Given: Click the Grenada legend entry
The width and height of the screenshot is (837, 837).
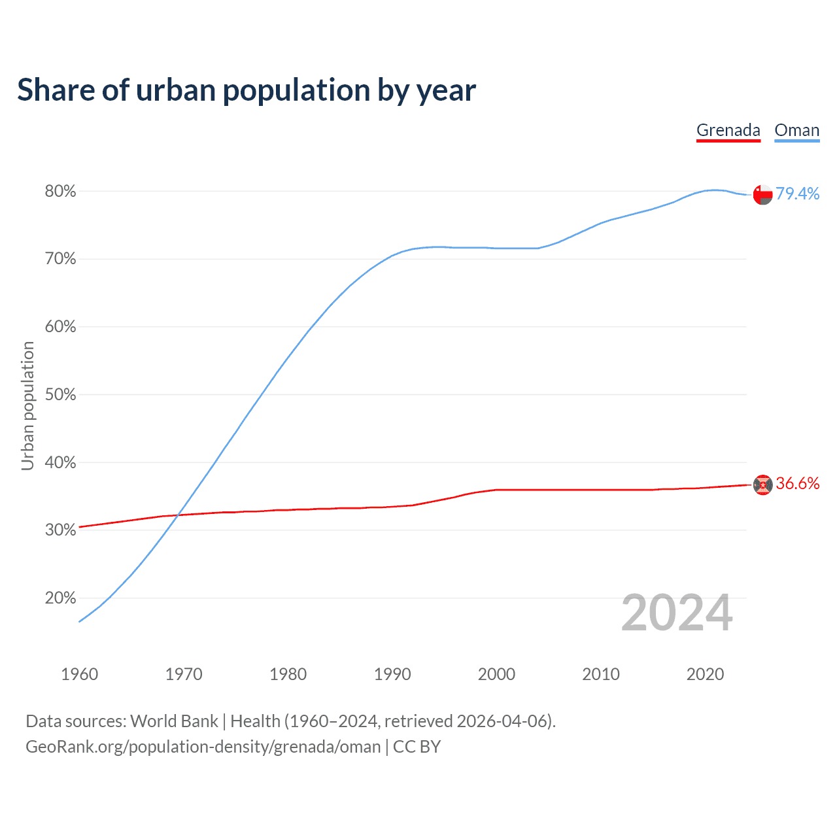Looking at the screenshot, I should pyautogui.click(x=728, y=130).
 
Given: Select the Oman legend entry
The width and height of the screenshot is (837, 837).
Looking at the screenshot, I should pyautogui.click(x=796, y=130).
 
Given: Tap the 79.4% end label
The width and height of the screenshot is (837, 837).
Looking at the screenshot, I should pyautogui.click(x=797, y=194).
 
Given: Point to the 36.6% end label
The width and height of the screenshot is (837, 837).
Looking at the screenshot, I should pyautogui.click(x=797, y=483).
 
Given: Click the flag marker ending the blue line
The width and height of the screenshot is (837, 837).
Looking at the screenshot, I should pyautogui.click(x=762, y=194).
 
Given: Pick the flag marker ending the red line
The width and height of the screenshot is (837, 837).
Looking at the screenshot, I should pyautogui.click(x=762, y=485).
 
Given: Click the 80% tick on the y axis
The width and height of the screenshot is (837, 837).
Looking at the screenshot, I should pyautogui.click(x=60, y=192).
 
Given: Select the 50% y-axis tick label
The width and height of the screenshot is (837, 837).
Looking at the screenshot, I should pyautogui.click(x=60, y=395).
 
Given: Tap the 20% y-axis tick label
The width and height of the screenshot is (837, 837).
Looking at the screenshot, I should pyautogui.click(x=60, y=598).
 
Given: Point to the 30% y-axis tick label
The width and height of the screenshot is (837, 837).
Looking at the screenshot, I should pyautogui.click(x=60, y=530).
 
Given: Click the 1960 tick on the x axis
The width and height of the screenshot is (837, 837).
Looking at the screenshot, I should pyautogui.click(x=79, y=674).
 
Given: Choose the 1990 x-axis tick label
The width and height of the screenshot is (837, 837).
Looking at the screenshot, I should pyautogui.click(x=392, y=674).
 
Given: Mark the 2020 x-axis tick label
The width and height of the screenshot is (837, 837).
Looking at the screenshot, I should pyautogui.click(x=705, y=674).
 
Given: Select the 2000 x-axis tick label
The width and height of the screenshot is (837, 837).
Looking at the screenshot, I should pyautogui.click(x=496, y=674).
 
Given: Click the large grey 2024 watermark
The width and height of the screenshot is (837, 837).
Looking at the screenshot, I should pyautogui.click(x=677, y=613).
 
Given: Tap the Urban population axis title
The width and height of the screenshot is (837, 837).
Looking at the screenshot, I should pyautogui.click(x=27, y=405).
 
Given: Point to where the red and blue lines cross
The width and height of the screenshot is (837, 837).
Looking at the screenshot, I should pyautogui.click(x=178, y=515).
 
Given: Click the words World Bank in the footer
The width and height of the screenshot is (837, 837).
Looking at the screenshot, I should pyautogui.click(x=174, y=721).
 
